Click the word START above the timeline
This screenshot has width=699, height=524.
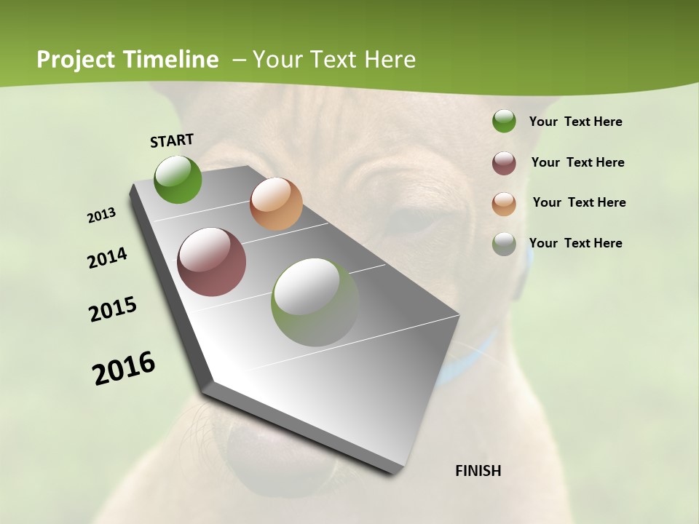tap(172, 140)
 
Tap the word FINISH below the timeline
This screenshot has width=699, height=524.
tap(478, 471)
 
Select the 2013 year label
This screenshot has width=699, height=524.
tap(102, 215)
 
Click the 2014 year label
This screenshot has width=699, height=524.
tap(108, 258)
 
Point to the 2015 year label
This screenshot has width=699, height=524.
tap(113, 309)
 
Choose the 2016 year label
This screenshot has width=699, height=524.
tap(124, 368)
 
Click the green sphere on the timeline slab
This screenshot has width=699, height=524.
tap(178, 179)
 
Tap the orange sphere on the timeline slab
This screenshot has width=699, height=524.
tap(276, 204)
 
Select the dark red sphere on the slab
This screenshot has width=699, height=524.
tap(212, 262)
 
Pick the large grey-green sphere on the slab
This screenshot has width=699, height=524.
tap(315, 302)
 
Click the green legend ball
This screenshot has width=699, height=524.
tap(504, 122)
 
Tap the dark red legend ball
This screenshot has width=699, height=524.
tap(504, 163)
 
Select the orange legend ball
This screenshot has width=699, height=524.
tap(504, 204)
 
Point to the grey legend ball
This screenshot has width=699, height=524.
tap(504, 244)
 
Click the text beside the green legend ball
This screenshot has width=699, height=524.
tap(575, 122)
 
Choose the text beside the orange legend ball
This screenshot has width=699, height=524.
tap(579, 202)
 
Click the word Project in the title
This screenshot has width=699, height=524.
tap(76, 60)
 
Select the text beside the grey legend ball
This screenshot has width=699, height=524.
tap(575, 243)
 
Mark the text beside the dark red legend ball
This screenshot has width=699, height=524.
tap(577, 162)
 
